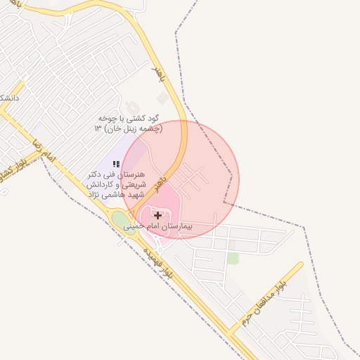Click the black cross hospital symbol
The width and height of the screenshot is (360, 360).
click(x=157, y=215)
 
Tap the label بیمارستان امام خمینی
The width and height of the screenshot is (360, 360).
click(x=157, y=227)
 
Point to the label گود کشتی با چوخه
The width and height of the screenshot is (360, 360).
click(x=132, y=119)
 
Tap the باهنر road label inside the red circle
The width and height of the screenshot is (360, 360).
click(x=162, y=183)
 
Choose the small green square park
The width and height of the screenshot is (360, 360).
click(x=233, y=259)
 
